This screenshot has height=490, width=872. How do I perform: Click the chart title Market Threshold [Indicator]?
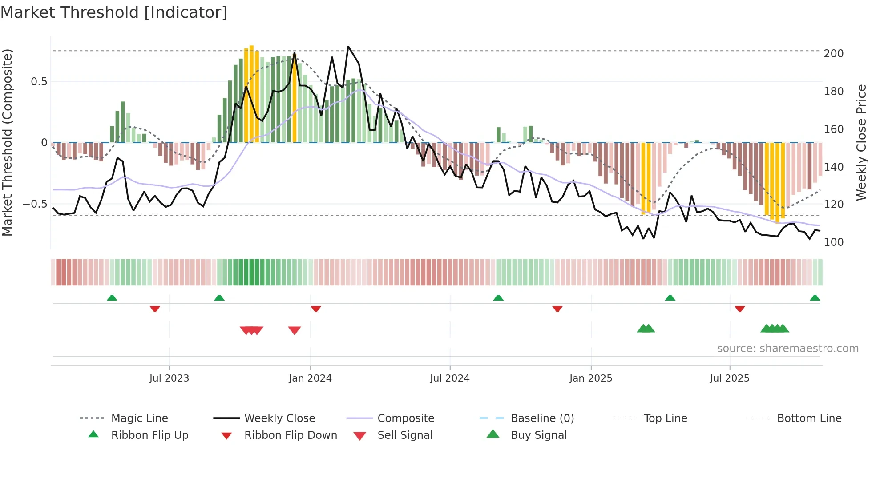pos(114,12)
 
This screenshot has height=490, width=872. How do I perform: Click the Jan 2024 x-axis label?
pos(310,378)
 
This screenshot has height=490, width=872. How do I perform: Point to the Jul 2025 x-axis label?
pos(729,378)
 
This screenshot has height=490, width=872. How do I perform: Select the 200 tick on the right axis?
pos(833,54)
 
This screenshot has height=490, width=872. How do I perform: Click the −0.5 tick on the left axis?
pos(35,204)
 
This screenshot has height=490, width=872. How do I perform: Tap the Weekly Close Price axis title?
pos(861,142)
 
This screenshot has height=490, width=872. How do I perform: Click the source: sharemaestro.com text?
pos(787,349)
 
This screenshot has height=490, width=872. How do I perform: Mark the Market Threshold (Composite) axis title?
pos(7,142)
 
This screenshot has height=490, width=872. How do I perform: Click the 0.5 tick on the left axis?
pos(39,82)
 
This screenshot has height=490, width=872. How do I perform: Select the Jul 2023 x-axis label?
pos(169,378)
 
